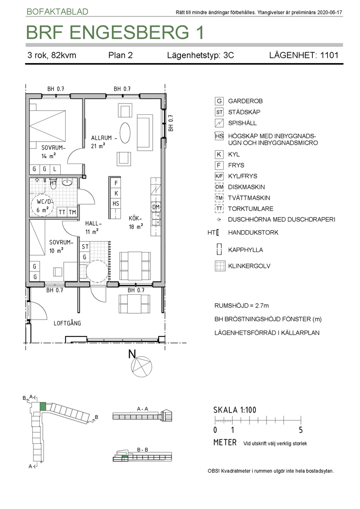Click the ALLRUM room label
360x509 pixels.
[101, 138]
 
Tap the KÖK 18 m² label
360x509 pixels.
[136, 222]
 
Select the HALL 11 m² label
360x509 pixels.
[93, 227]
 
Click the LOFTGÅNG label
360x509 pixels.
[67, 323]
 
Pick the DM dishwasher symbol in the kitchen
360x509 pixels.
[156, 207]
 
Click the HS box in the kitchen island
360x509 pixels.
[116, 203]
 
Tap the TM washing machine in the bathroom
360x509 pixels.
[73, 212]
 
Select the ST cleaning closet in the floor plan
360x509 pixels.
[85, 247]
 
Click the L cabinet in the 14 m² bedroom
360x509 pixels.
[55, 169]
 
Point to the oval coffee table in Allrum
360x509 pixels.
[125, 132]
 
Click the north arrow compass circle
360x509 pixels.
[142, 366]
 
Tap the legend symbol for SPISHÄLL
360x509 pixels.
[219, 123]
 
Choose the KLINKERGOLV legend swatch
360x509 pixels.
[220, 266]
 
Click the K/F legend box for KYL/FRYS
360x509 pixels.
[219, 176]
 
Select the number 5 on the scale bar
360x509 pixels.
[301, 430]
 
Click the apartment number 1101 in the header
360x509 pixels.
[329, 55]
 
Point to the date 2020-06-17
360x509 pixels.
[330, 12]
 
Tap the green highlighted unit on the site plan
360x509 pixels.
[43, 407]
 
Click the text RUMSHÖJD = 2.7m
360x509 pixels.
[242, 306]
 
